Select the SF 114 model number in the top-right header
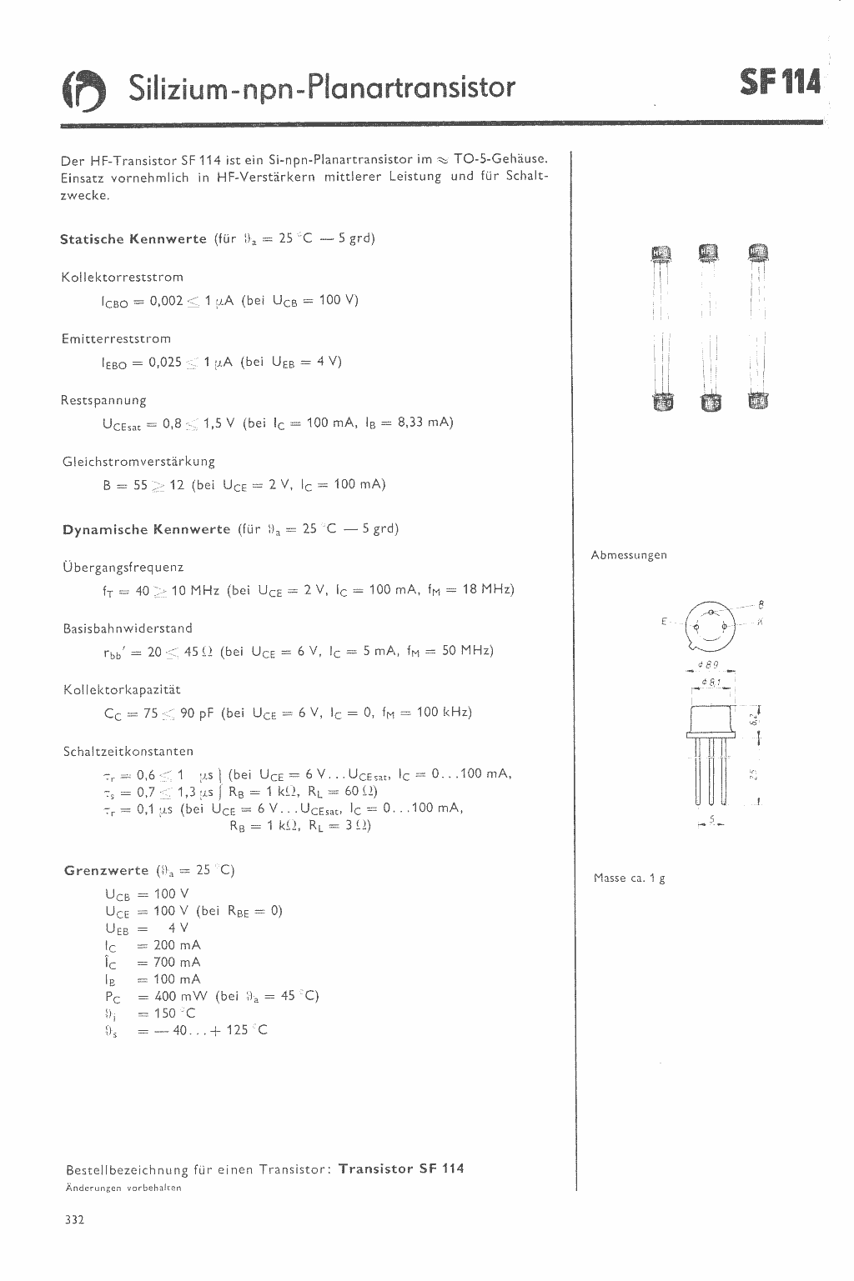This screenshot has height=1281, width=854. click(780, 84)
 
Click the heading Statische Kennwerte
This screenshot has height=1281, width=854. click(133, 239)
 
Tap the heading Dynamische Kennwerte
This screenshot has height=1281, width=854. click(146, 529)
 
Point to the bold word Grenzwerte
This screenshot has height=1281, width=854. click(106, 871)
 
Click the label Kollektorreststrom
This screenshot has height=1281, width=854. click(122, 278)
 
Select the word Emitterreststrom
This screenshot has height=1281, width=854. click(116, 339)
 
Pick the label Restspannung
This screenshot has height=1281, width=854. click(103, 400)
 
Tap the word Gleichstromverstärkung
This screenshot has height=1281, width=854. click(138, 462)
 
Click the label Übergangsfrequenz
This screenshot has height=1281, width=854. click(123, 568)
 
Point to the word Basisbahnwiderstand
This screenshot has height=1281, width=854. click(128, 628)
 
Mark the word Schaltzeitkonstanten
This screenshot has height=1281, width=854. click(128, 752)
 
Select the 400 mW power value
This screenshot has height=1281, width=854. click(181, 996)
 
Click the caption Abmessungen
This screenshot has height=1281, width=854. click(629, 555)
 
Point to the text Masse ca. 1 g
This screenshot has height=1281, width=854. click(629, 878)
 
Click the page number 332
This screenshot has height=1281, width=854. click(74, 1220)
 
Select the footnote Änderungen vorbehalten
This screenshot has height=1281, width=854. click(123, 1188)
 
